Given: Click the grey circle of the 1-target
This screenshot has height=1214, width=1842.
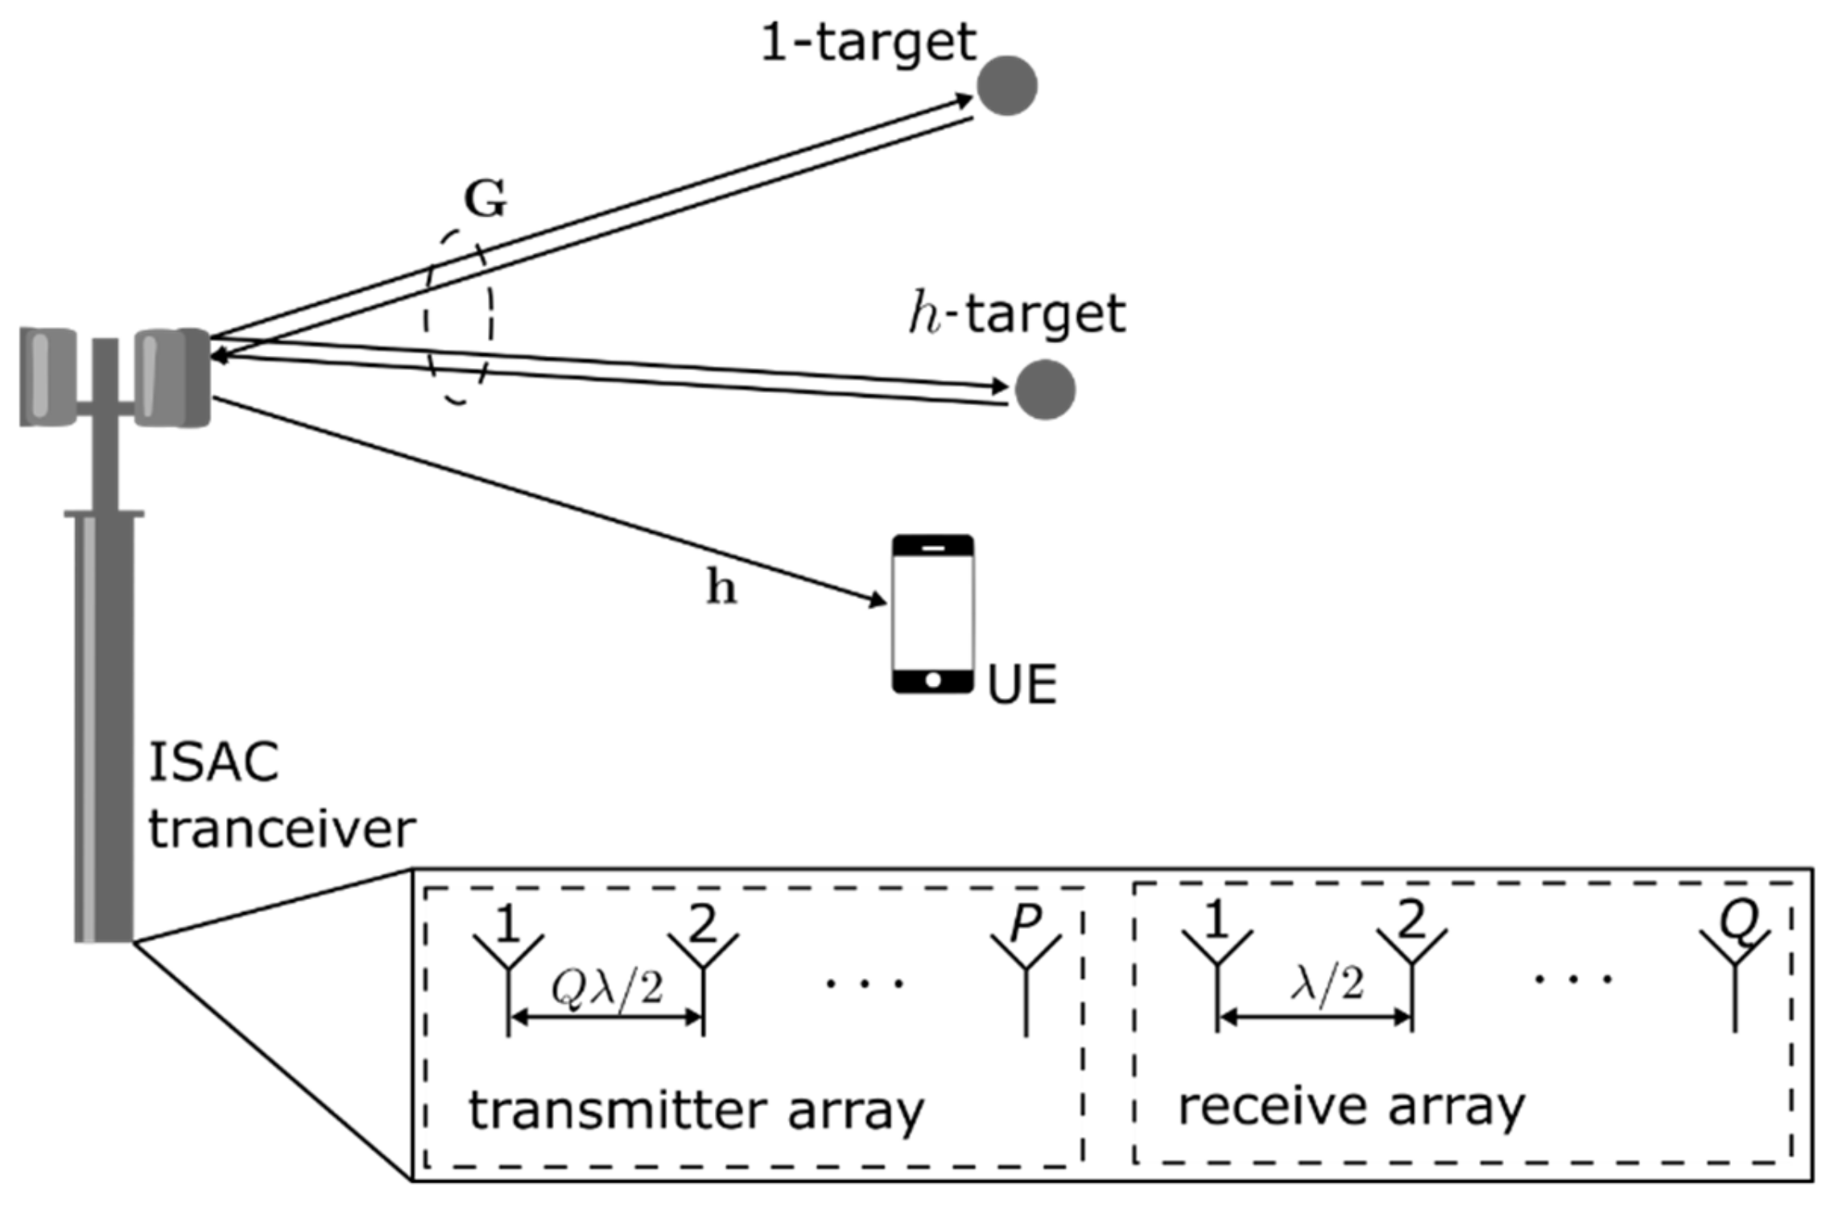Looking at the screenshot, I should click(x=1006, y=85).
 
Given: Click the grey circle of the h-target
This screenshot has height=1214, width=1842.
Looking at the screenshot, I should click(x=1044, y=390).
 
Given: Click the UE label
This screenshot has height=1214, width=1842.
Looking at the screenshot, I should click(x=1022, y=685).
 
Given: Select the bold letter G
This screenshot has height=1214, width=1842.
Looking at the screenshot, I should click(x=485, y=199).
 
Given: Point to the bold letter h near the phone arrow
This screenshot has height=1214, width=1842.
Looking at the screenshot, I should click(x=721, y=587).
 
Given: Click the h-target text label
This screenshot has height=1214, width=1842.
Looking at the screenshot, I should click(x=1017, y=314).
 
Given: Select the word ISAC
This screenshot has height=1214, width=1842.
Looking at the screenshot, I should click(x=213, y=762).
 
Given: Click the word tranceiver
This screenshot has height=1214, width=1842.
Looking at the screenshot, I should click(x=282, y=828).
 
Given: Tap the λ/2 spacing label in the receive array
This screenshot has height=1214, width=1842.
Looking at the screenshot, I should click(x=1328, y=984).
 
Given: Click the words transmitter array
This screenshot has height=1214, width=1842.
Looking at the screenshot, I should click(x=696, y=1111).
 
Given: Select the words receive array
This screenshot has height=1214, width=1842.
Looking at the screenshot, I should click(x=1352, y=1107).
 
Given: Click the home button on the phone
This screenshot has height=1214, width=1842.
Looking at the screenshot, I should click(x=933, y=680).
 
